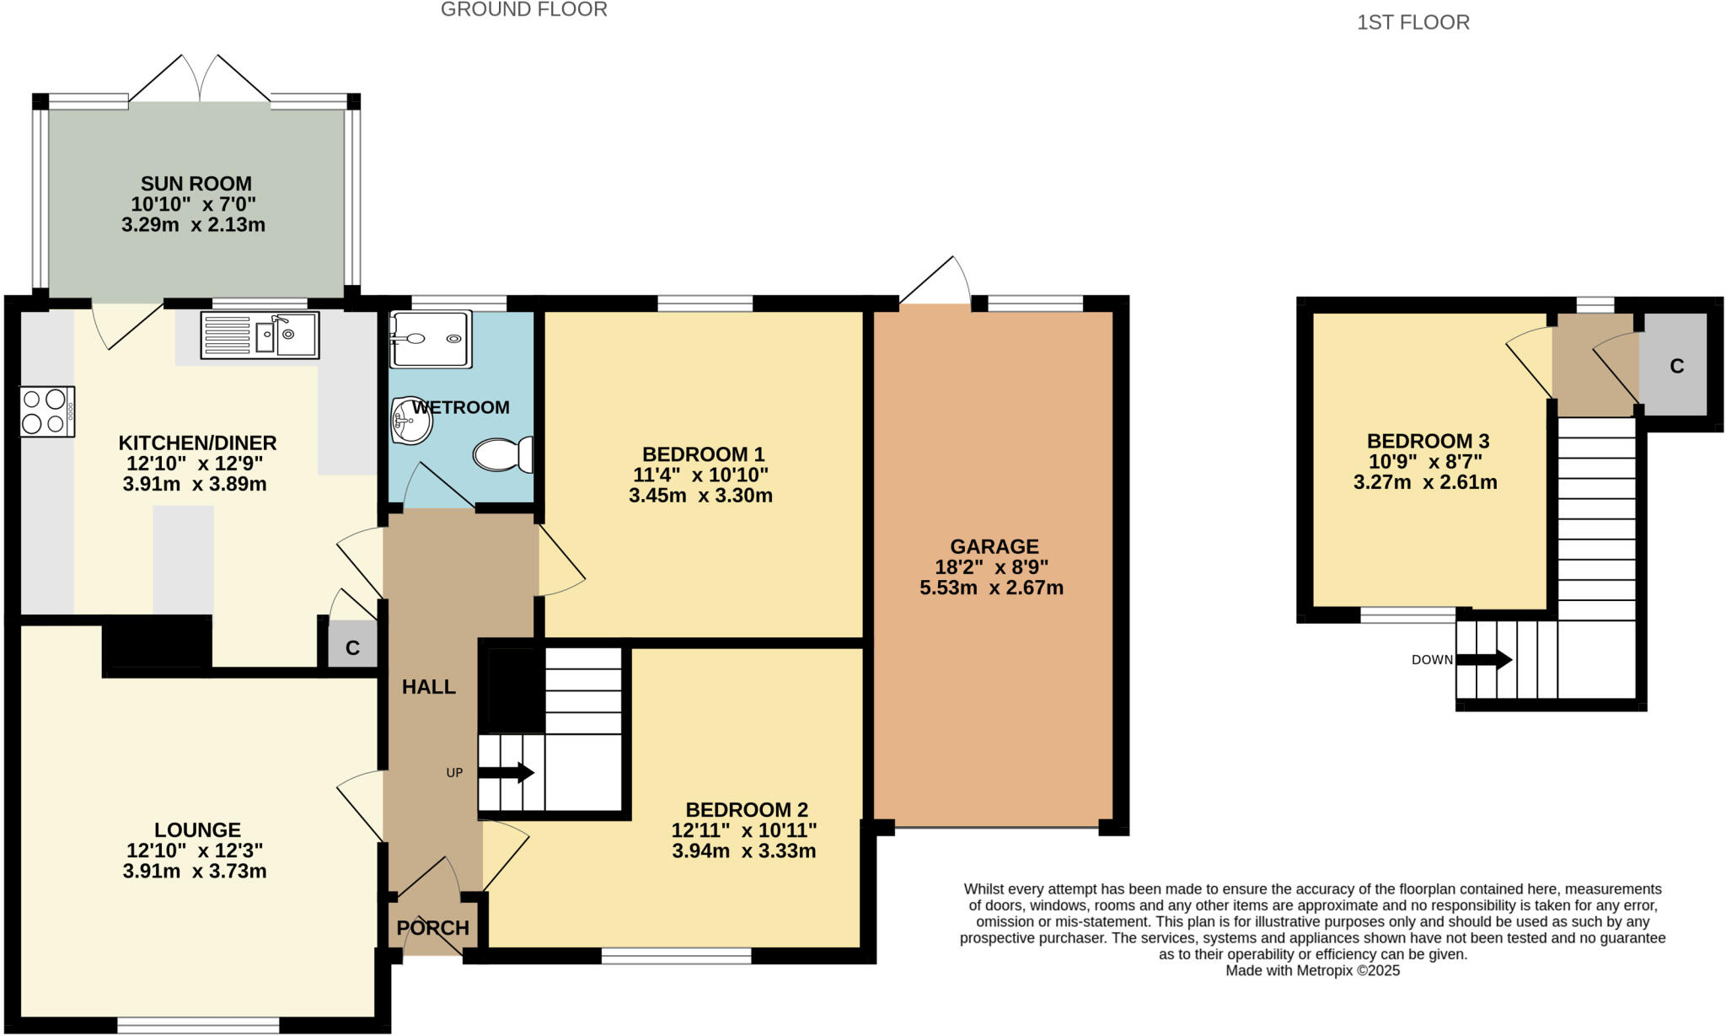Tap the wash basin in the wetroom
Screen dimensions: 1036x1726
[411, 420]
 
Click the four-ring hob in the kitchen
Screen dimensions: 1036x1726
[47, 411]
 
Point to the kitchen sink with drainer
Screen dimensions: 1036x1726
[260, 335]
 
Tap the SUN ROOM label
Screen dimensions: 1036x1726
[196, 184]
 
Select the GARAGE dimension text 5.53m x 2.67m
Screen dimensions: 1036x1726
[991, 588]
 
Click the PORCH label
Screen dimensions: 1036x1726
[432, 928]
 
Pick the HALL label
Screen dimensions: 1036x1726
[429, 687]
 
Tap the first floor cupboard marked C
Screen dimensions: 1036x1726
[1676, 366]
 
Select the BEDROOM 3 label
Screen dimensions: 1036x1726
[1428, 441]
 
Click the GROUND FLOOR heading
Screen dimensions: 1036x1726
[523, 10]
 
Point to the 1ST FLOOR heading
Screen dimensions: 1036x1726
[1412, 23]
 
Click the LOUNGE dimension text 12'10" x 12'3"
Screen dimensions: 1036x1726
[195, 851]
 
